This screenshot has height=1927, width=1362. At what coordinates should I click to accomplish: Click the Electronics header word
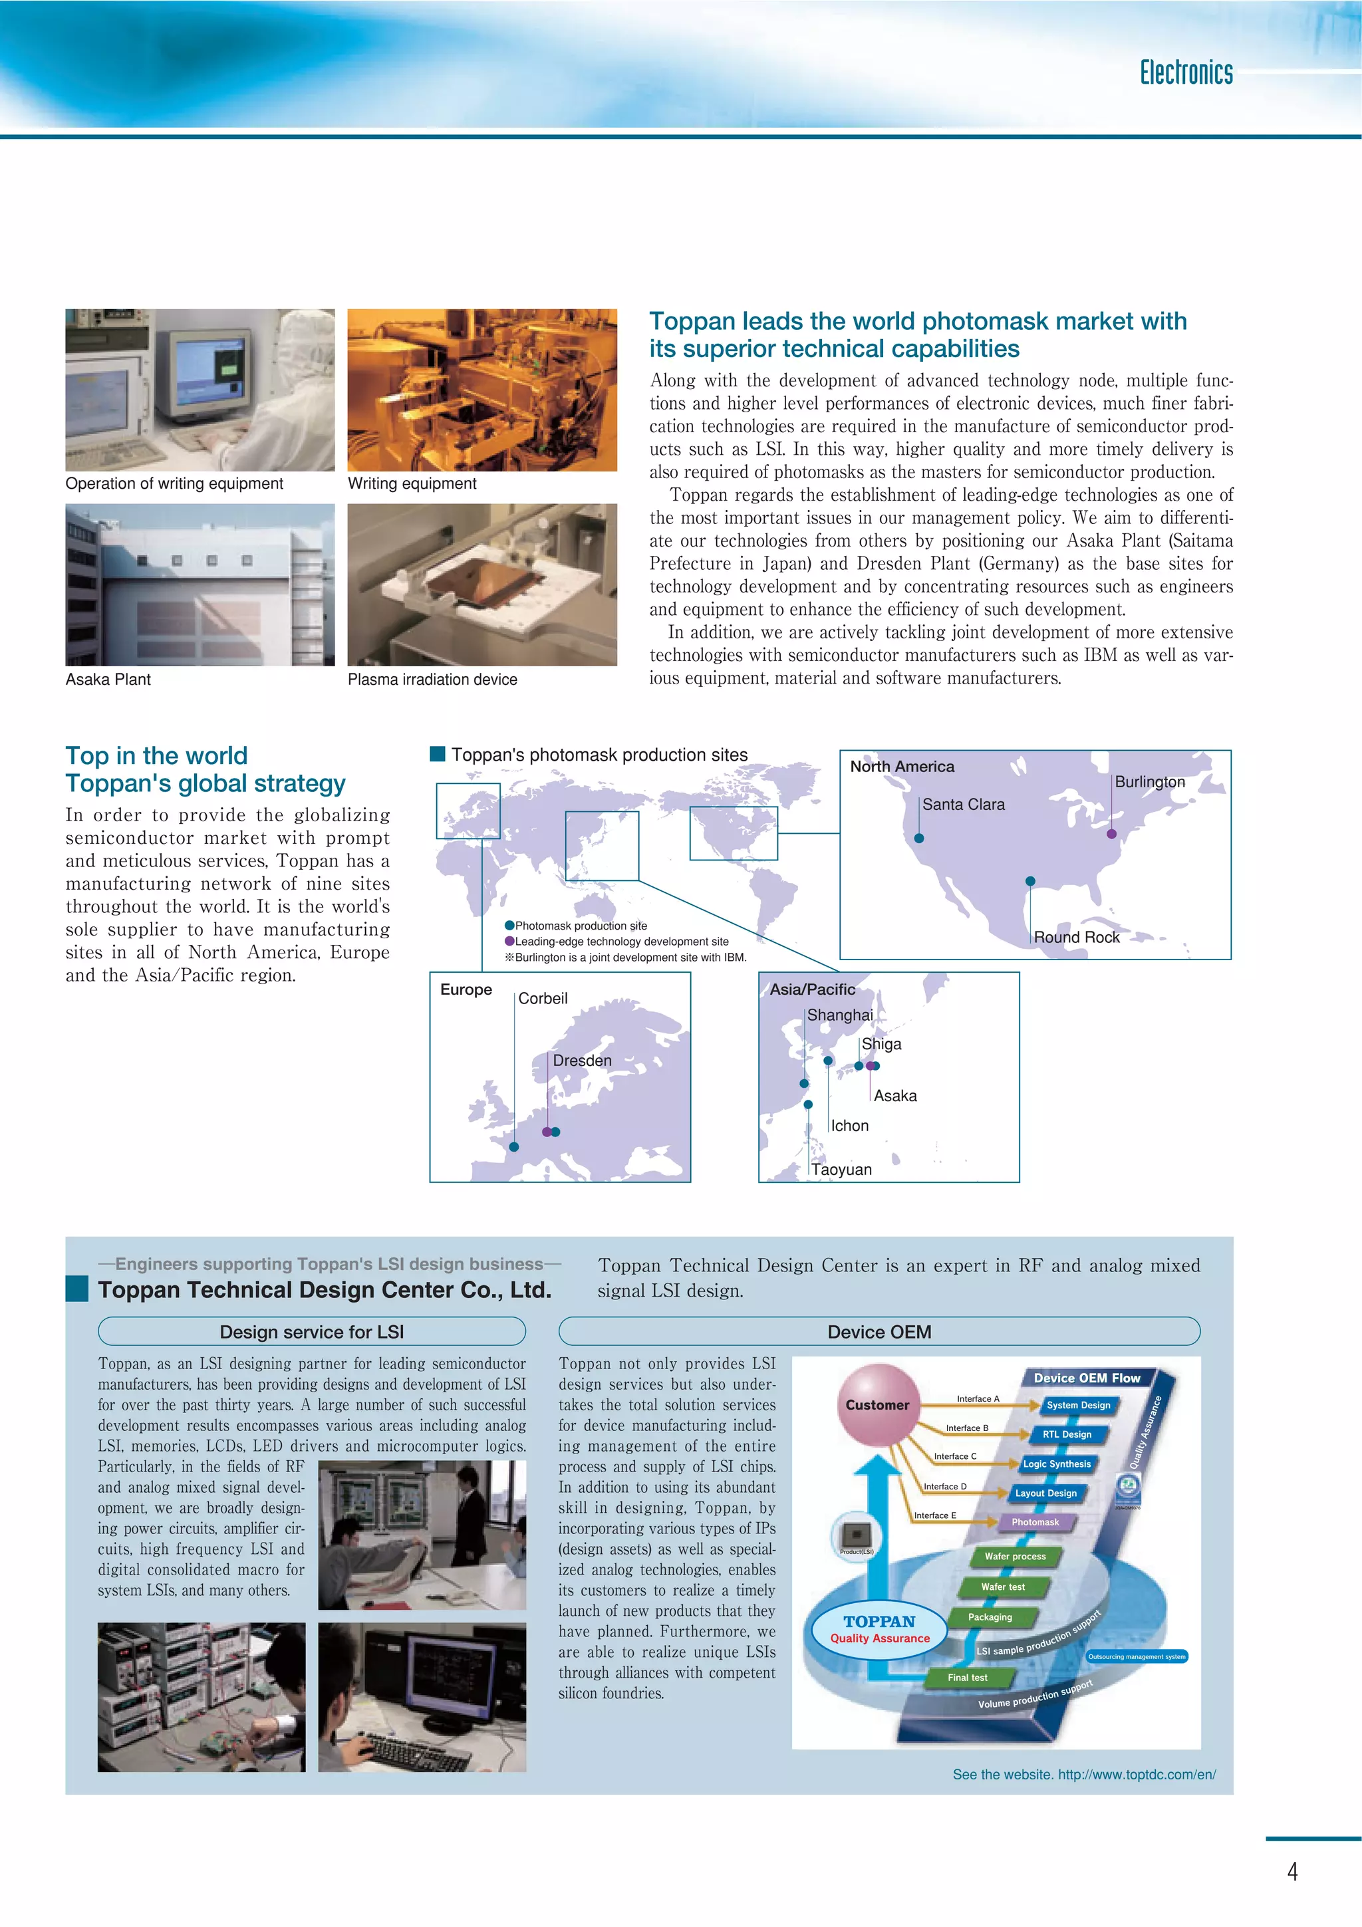(1185, 73)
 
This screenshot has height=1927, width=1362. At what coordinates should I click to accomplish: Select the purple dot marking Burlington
(1111, 833)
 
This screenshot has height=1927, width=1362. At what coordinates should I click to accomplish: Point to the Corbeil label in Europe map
(542, 998)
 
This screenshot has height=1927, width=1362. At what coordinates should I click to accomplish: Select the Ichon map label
(849, 1126)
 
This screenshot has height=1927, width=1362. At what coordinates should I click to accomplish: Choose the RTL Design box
(1066, 1434)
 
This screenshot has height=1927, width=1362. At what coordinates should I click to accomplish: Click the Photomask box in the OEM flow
(1034, 1521)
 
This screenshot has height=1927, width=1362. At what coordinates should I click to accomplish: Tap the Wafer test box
(1002, 1587)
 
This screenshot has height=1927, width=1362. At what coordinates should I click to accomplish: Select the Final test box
(967, 1677)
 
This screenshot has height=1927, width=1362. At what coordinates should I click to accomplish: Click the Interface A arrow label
(978, 1398)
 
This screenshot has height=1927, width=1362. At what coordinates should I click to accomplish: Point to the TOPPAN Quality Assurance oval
(879, 1629)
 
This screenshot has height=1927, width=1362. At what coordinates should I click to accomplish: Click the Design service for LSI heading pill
(311, 1331)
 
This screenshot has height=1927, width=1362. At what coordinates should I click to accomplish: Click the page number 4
(1292, 1872)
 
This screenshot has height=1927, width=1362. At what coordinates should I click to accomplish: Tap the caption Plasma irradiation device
(432, 679)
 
